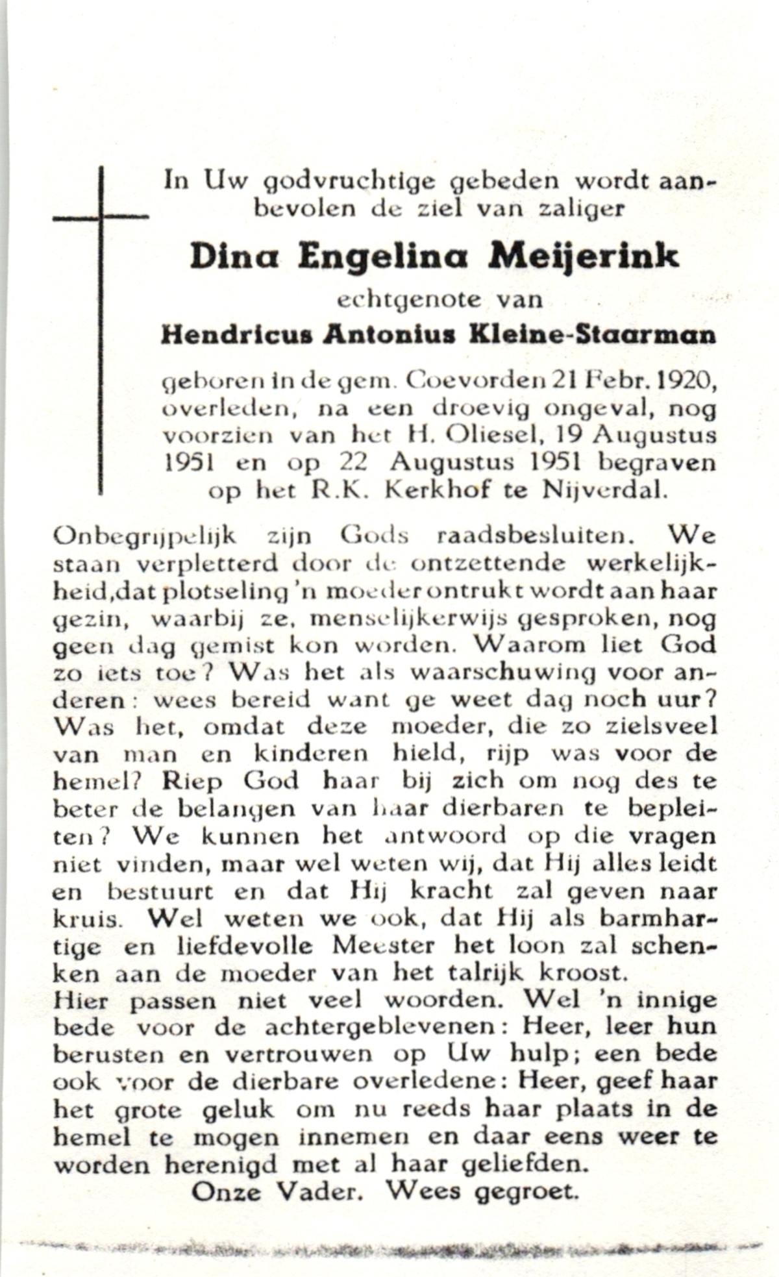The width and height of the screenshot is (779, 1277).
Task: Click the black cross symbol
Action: click(101, 217)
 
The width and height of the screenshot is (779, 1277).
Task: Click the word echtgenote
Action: click(409, 300)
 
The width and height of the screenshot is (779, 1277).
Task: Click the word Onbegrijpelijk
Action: click(144, 538)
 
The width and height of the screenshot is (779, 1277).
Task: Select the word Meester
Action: click(383, 945)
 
